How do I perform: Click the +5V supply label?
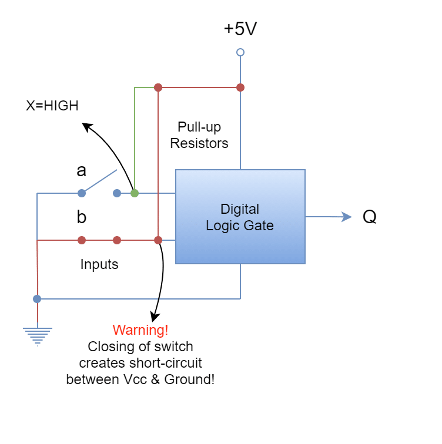click(240, 28)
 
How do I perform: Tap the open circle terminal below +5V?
click(240, 52)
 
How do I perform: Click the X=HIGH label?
click(52, 106)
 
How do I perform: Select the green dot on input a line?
click(135, 193)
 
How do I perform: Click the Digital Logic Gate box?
click(240, 217)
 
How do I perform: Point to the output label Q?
click(370, 217)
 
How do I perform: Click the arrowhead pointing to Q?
click(347, 217)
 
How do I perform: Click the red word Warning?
click(140, 330)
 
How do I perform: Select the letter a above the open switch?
click(81, 171)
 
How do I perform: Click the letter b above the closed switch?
click(82, 217)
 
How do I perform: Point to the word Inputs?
click(99, 264)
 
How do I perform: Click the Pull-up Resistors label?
click(199, 135)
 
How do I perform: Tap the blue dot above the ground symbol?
click(37, 299)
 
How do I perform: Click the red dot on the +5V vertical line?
click(240, 88)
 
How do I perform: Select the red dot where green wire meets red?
click(158, 88)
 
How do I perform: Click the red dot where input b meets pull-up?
click(158, 240)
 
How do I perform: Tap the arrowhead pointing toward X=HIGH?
click(87, 127)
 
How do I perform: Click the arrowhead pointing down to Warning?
click(155, 317)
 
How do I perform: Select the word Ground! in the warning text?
click(189, 379)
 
